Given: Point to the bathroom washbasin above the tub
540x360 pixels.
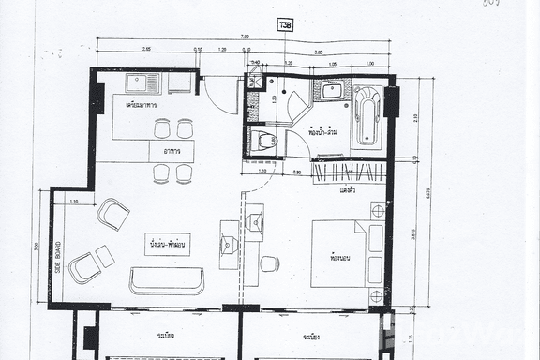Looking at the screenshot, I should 331,90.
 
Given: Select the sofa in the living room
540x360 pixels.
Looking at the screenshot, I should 167,280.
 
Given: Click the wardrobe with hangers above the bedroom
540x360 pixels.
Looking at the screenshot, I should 349,172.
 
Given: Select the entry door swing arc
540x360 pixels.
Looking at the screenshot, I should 217,94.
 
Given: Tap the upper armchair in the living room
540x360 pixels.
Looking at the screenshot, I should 112,214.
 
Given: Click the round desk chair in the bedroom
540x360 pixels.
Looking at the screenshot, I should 269,263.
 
